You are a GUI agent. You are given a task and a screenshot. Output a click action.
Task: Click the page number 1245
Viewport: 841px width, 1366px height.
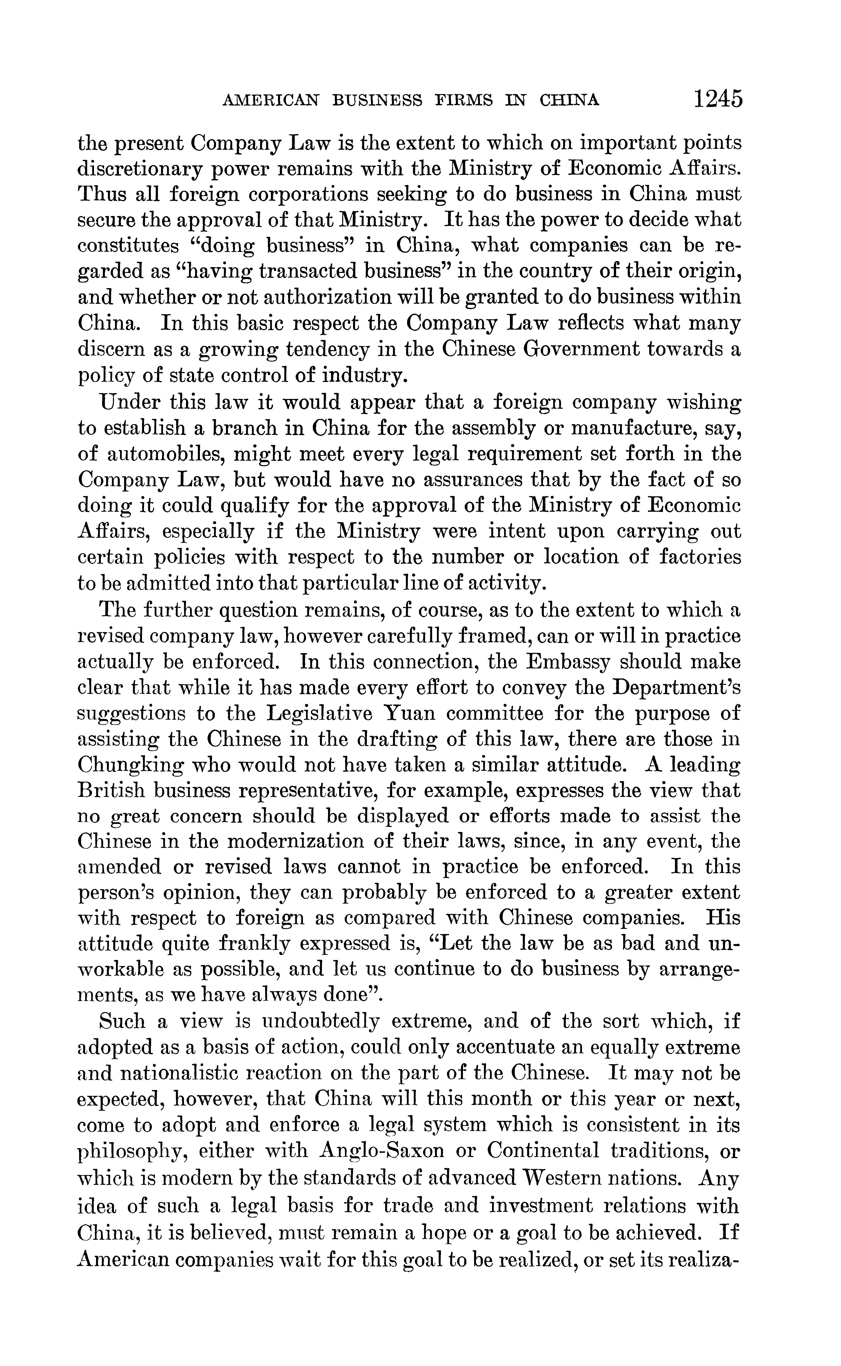tap(717, 99)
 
